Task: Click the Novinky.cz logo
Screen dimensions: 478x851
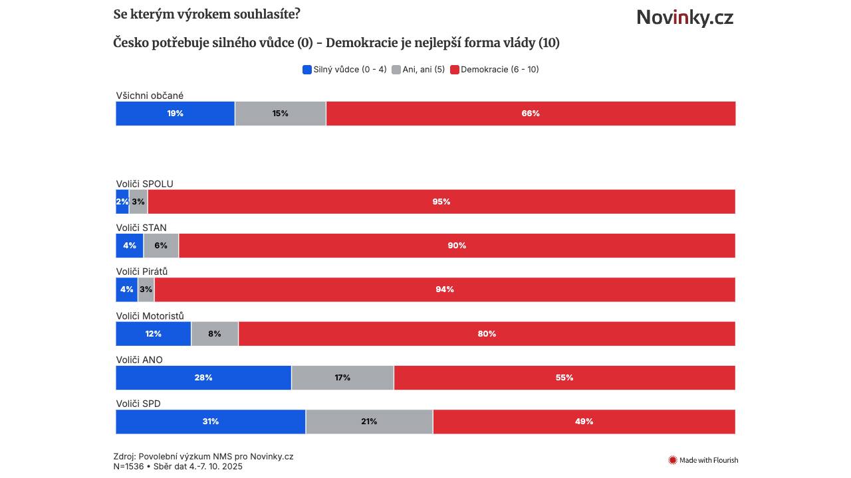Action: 685,17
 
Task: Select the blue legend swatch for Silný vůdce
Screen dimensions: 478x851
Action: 307,70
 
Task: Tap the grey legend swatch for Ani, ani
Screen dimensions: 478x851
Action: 396,70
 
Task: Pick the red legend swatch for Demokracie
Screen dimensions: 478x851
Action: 455,70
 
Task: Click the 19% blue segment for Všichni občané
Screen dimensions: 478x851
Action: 175,114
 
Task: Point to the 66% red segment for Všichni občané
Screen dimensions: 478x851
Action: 531,114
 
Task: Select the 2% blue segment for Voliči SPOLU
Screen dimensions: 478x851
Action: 122,202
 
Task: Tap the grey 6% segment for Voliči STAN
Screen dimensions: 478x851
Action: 161,246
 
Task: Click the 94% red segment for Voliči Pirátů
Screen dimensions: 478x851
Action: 445,289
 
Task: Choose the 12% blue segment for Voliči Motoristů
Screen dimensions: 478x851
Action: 154,334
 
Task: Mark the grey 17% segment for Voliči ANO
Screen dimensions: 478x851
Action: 342,378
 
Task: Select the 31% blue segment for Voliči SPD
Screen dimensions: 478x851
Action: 211,422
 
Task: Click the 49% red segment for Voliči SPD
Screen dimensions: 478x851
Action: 584,422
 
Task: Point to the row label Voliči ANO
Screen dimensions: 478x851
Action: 140,360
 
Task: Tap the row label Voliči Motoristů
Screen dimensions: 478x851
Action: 150,316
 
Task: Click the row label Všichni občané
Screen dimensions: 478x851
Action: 150,96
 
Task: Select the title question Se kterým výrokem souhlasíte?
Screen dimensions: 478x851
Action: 207,14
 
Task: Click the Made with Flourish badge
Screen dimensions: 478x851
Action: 703,460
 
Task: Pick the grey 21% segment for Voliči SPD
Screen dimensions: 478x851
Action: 369,422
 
